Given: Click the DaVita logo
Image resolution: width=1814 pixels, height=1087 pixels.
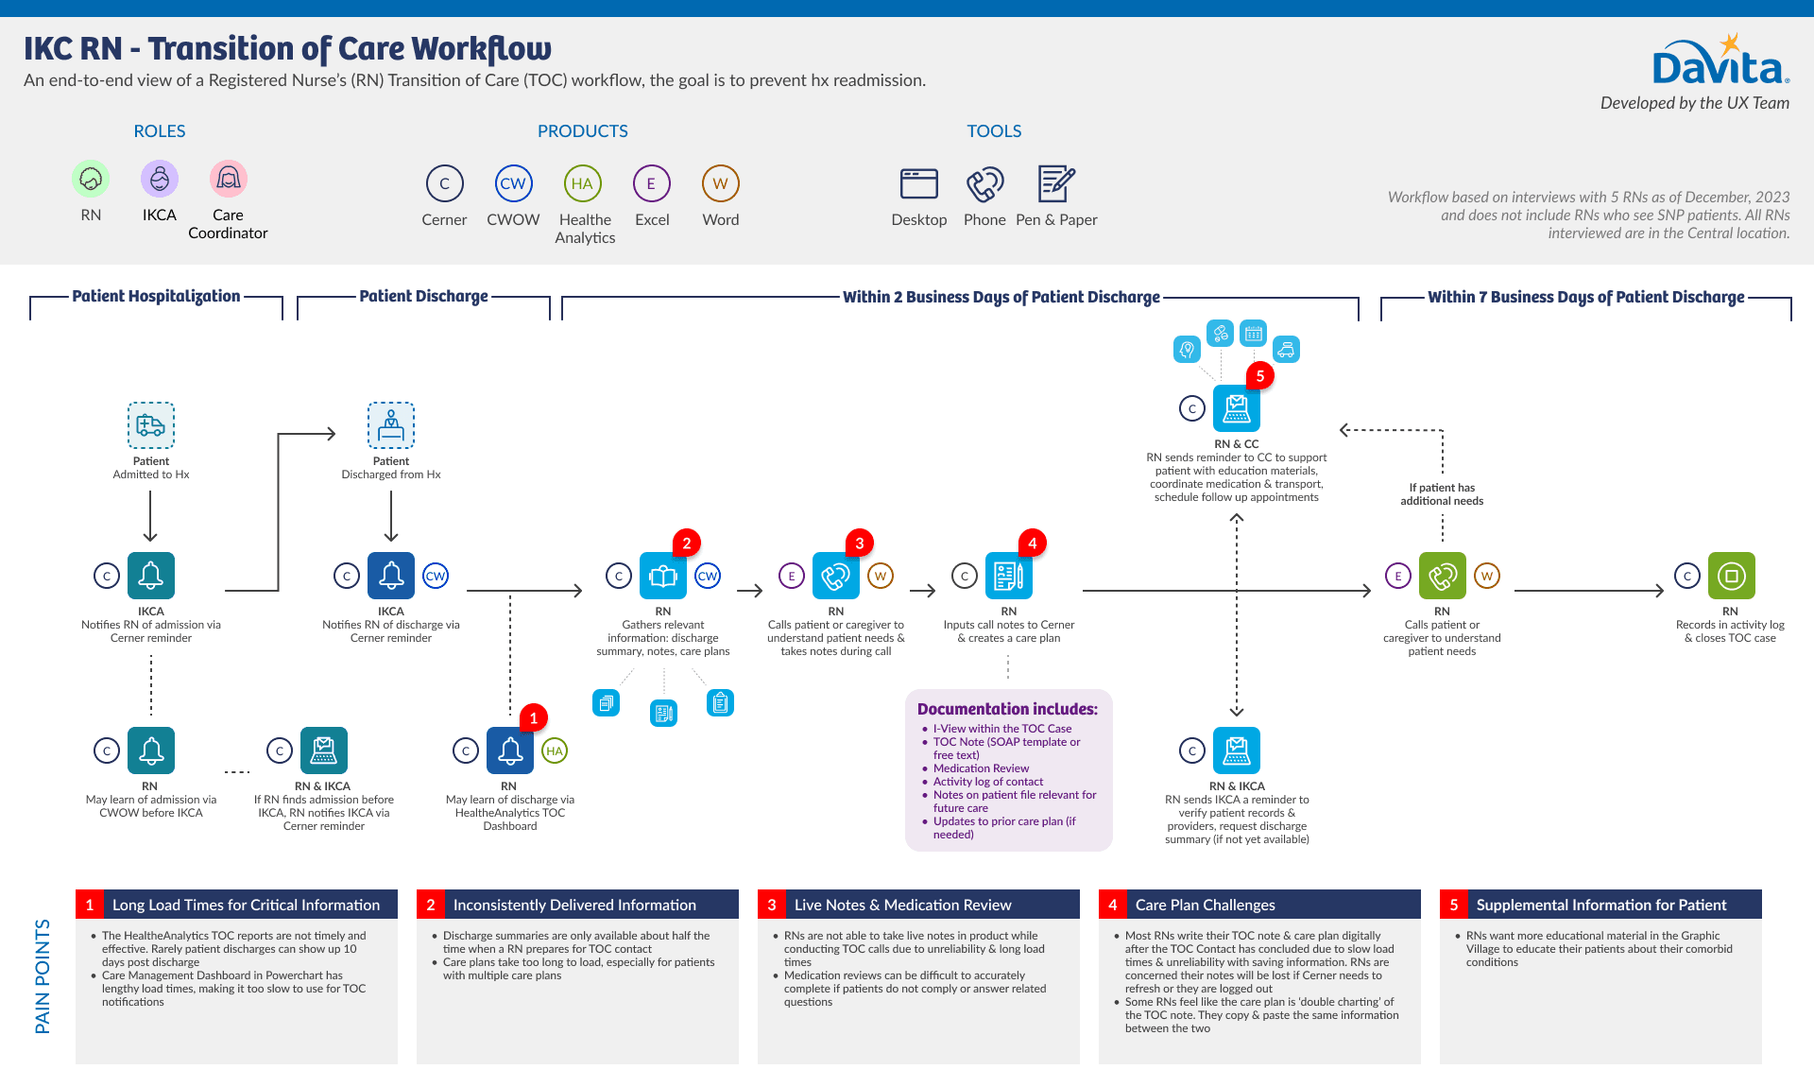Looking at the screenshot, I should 1719,62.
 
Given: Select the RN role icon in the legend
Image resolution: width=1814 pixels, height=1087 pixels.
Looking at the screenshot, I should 91,179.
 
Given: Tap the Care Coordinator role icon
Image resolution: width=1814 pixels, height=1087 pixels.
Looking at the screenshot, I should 228,179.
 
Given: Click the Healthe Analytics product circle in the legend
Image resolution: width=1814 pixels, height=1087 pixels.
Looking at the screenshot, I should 582,183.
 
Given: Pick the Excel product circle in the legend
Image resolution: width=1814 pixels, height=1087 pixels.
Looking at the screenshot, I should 651,183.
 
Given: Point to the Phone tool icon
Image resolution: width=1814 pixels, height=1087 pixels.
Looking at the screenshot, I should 984,184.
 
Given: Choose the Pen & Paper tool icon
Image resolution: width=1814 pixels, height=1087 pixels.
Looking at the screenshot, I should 1055,183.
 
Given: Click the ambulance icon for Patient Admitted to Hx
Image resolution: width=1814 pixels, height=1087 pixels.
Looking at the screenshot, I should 151,425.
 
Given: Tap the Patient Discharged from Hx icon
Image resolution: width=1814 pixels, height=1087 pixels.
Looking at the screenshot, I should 391,425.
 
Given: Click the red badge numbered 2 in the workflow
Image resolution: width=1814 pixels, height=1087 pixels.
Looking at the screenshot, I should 687,543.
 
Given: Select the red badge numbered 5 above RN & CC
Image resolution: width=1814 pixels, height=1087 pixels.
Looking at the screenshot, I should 1259,376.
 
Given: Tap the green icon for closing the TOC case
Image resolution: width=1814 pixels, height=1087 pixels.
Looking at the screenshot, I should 1731,576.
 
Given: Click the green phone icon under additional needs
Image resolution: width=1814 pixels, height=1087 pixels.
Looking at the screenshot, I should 1442,576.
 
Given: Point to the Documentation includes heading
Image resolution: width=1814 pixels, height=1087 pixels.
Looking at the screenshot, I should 1007,709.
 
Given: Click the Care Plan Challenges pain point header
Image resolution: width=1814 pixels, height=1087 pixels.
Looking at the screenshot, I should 1205,905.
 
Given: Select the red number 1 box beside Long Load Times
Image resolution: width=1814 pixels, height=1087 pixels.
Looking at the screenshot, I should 90,905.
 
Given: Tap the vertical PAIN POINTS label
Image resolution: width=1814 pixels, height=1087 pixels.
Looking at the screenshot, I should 43,975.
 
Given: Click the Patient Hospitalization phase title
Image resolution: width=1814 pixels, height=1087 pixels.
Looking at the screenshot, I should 156,296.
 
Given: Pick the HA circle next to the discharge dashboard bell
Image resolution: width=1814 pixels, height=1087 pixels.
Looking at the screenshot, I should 555,751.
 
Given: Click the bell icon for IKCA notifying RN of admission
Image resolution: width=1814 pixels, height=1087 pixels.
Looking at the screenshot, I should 151,576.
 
